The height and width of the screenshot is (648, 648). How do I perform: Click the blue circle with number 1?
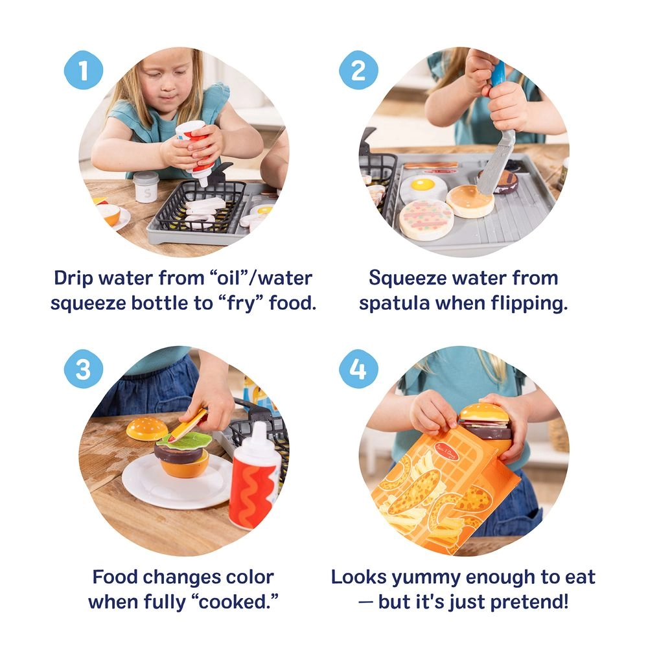click(82, 70)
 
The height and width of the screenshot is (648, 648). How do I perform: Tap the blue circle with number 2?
click(358, 70)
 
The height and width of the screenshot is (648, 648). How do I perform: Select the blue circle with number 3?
click(82, 370)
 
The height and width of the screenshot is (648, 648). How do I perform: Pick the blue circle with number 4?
click(358, 370)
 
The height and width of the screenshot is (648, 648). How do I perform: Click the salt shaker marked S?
click(145, 188)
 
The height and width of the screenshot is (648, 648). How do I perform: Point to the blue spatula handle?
click(498, 73)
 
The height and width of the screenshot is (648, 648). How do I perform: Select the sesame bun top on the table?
click(146, 428)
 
